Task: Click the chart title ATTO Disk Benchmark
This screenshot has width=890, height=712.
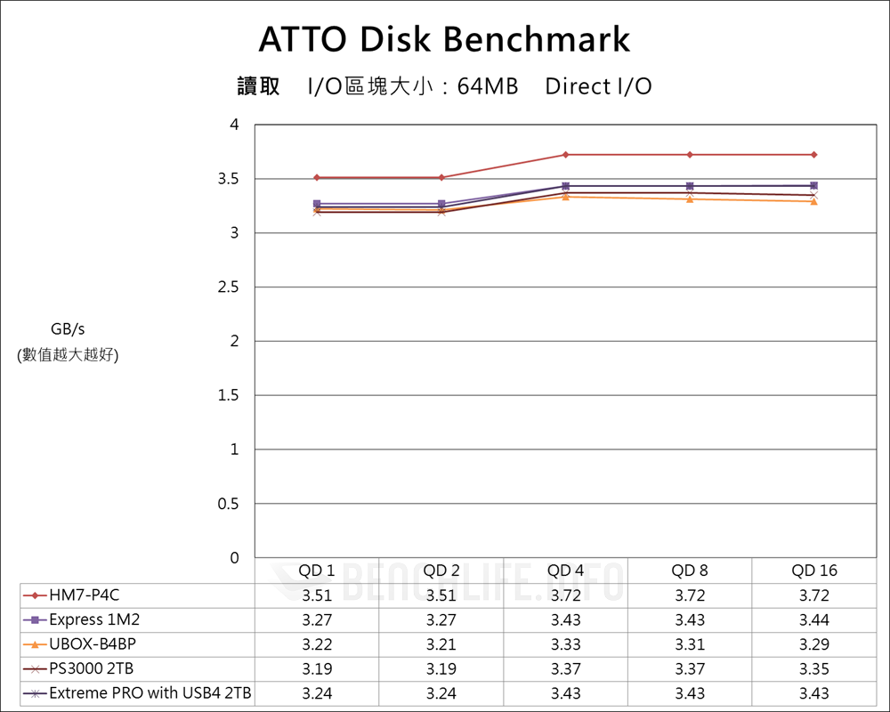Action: click(x=444, y=39)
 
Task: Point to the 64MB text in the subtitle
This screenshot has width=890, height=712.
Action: click(x=488, y=86)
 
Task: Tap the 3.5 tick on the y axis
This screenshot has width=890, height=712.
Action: click(x=229, y=179)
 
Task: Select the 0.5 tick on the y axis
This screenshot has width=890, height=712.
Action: click(x=229, y=504)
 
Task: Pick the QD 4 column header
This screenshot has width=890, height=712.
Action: click(x=565, y=570)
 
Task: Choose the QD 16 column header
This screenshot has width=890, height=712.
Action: click(x=814, y=570)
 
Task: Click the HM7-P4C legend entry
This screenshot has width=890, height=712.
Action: click(x=84, y=595)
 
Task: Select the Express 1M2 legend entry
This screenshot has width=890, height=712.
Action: click(x=94, y=619)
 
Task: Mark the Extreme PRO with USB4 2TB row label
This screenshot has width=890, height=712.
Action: click(x=150, y=693)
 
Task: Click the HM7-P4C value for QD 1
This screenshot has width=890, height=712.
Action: click(x=317, y=595)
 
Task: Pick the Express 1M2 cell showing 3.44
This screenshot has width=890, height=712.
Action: click(x=814, y=619)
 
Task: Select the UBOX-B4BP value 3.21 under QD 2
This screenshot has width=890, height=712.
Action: click(x=441, y=644)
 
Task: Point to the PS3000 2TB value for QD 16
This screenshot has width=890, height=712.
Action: click(x=814, y=668)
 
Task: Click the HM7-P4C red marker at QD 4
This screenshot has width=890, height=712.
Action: click(x=565, y=155)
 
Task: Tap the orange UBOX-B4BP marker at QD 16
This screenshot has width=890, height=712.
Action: click(x=814, y=201)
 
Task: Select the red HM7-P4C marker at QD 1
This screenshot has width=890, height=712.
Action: click(x=317, y=178)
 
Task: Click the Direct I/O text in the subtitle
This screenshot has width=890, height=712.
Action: click(x=598, y=86)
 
